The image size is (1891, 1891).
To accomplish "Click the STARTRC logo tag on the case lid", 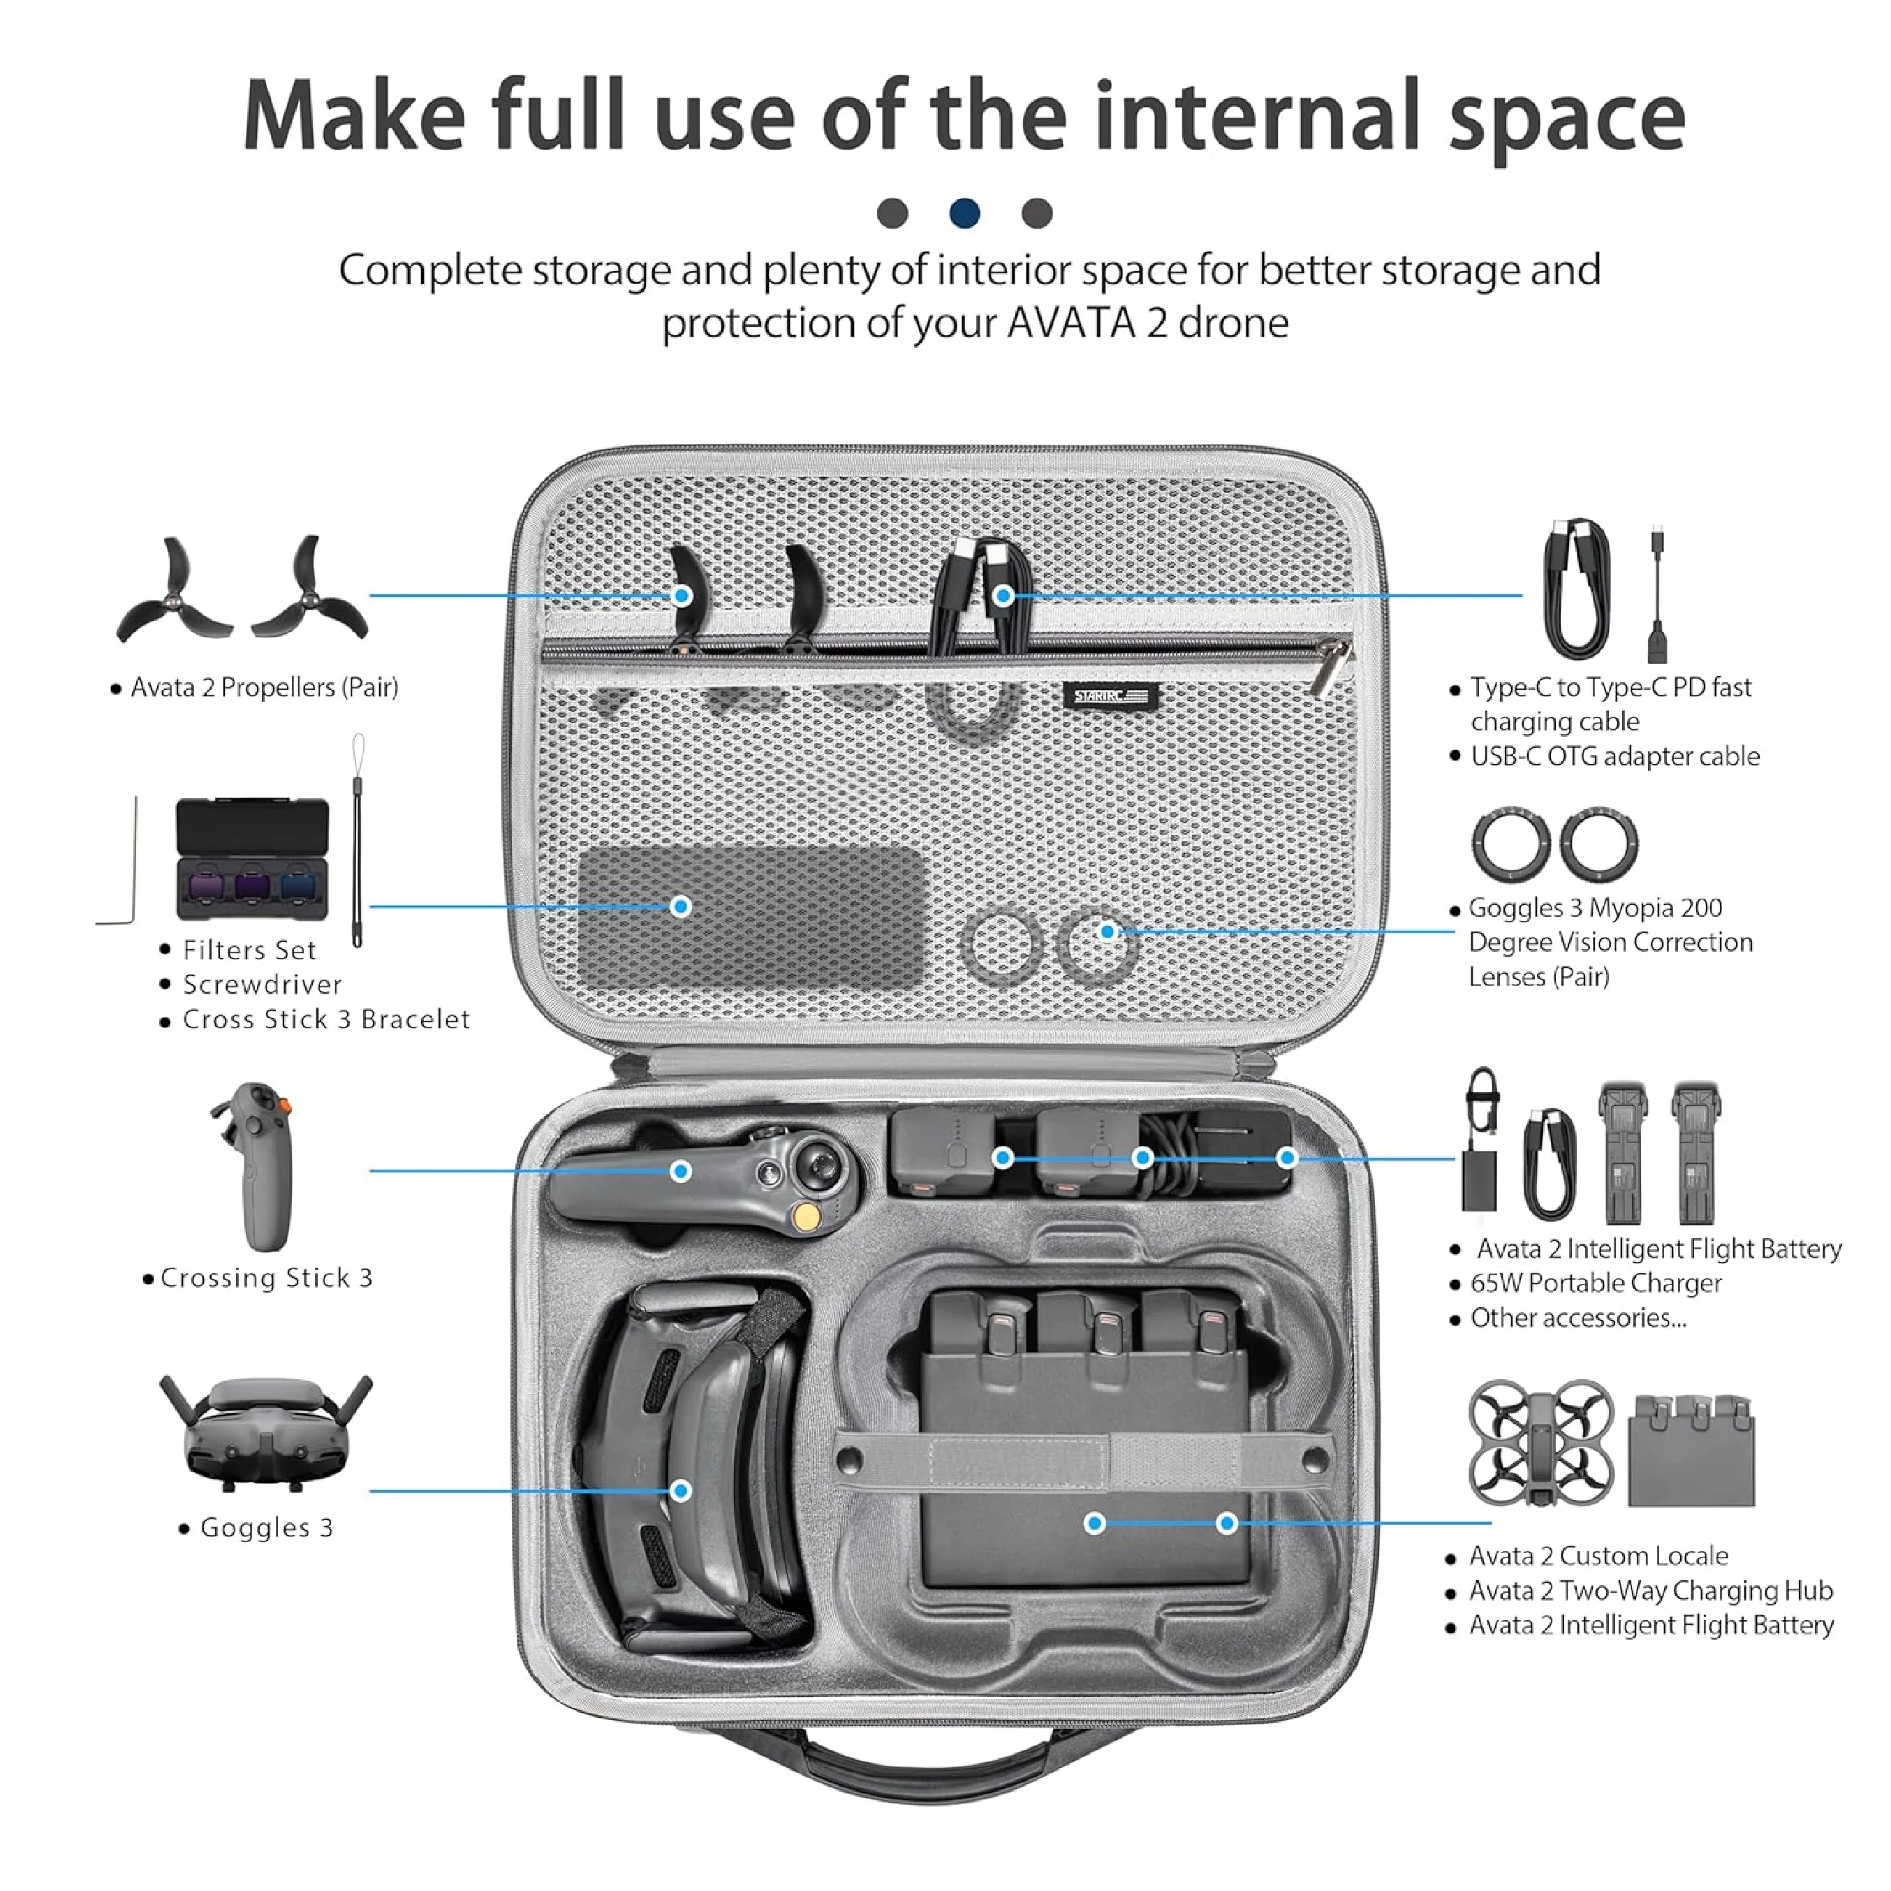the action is pyautogui.click(x=1111, y=696).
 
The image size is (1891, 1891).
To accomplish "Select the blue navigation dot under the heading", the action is pyautogui.click(x=964, y=212).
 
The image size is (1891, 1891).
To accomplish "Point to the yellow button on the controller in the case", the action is pyautogui.click(x=807, y=1216).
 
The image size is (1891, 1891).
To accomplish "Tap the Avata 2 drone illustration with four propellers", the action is pyautogui.click(x=1540, y=1443).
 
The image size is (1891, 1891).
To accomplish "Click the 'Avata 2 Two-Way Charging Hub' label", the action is pyautogui.click(x=1650, y=1591).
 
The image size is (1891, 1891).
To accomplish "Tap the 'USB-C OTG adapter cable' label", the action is pyautogui.click(x=1615, y=756).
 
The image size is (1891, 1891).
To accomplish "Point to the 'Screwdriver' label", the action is pyautogui.click(x=263, y=984).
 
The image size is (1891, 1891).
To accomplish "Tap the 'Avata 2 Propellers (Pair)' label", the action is pyautogui.click(x=264, y=687).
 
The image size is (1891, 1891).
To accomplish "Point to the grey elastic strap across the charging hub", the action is pyautogui.click(x=1082, y=1462).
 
